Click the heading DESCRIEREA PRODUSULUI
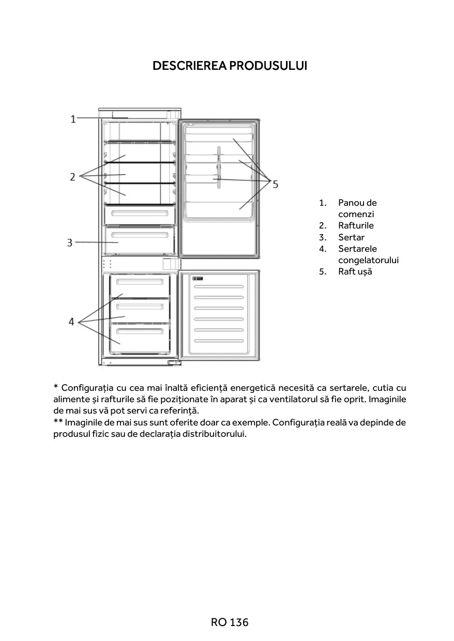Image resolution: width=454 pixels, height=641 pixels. (230, 66)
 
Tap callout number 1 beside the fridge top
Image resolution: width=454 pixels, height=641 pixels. (73, 119)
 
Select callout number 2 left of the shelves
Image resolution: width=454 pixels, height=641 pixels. (73, 177)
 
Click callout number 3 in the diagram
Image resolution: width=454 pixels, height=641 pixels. (70, 242)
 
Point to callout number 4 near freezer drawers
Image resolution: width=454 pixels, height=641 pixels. (72, 322)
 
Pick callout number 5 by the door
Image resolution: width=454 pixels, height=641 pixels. (275, 184)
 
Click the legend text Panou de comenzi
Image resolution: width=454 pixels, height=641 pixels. (357, 208)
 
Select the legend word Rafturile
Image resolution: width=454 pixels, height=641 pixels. (356, 225)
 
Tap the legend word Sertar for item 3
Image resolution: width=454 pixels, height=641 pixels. (351, 237)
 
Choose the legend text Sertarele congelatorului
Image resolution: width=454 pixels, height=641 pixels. (368, 254)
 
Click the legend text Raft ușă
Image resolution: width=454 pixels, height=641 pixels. (355, 271)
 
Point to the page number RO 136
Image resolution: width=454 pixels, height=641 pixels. (230, 622)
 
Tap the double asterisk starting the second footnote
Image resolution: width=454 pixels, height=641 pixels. (58, 422)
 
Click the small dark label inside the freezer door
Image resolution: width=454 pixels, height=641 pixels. (198, 279)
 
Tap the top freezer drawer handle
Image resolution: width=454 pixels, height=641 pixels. (140, 282)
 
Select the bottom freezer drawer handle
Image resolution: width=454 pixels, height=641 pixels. (140, 330)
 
